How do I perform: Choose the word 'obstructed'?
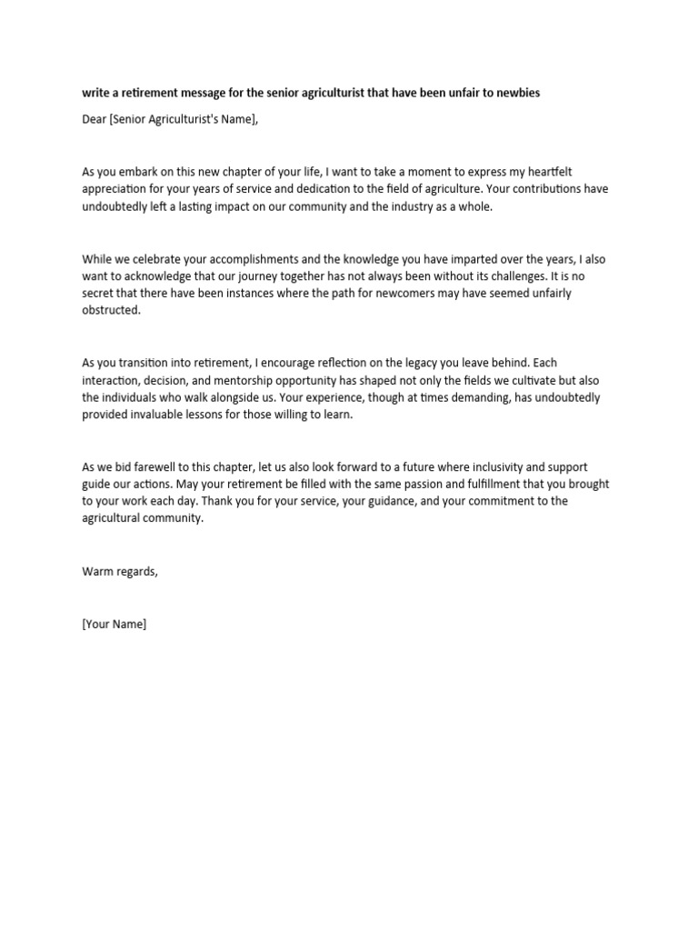point(111,311)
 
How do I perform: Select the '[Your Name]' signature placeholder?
point(114,625)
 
